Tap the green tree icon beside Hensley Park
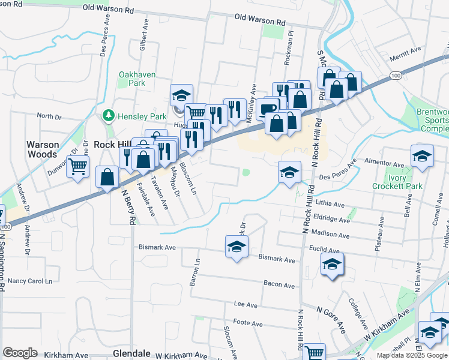click(x=109, y=114)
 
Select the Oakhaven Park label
click(x=133, y=79)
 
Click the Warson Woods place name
click(x=43, y=149)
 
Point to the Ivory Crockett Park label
click(x=406, y=182)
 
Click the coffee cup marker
click(x=268, y=108)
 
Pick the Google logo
click(x=20, y=352)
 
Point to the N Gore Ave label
click(x=331, y=319)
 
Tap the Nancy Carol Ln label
click(x=30, y=281)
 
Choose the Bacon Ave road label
click(x=279, y=285)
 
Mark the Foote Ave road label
click(x=248, y=324)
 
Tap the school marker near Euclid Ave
click(x=332, y=265)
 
